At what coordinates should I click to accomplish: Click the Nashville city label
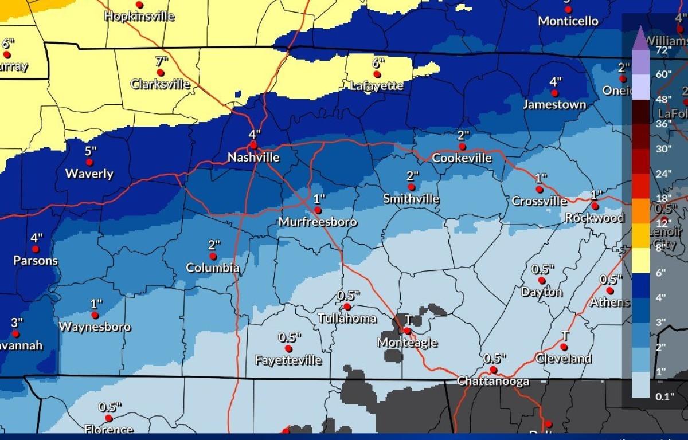[x=253, y=157]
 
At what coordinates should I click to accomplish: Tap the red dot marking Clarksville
[x=161, y=73]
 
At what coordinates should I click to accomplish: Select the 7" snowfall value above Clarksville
[x=162, y=61]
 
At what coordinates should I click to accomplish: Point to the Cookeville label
[x=462, y=158]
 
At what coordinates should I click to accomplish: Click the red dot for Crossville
[x=539, y=189]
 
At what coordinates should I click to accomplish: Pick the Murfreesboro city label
[x=318, y=222]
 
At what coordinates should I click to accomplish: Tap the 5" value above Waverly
[x=91, y=151]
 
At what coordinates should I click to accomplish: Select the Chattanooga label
[x=493, y=381]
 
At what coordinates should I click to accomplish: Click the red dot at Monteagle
[x=406, y=331]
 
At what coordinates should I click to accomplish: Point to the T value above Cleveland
[x=565, y=335]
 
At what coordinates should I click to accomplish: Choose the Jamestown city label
[x=554, y=104]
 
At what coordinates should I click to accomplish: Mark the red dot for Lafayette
[x=377, y=74]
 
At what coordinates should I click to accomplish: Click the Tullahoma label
[x=347, y=319]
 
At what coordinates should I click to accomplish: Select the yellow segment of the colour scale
[x=641, y=261]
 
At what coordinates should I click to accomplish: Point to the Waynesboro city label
[x=95, y=327]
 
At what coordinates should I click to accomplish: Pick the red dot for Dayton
[x=541, y=280]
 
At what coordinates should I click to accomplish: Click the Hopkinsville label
[x=139, y=16]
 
